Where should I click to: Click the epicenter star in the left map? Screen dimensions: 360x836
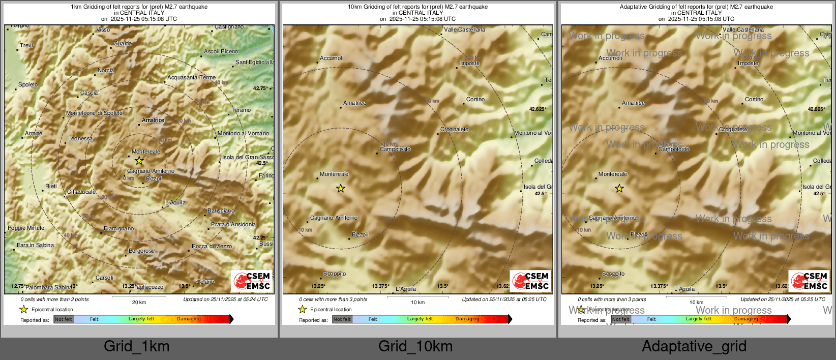[x=139, y=161]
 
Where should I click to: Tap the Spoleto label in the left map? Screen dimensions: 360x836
[x=28, y=85]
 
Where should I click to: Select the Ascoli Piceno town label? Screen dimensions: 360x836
[x=221, y=52]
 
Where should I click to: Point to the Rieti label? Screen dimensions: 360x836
[x=51, y=187]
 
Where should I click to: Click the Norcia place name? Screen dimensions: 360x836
[x=106, y=71]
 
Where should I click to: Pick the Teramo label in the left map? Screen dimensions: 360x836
[x=241, y=110]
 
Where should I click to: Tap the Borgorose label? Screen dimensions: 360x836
[x=141, y=251]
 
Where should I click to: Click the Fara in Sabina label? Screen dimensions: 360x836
[x=35, y=246]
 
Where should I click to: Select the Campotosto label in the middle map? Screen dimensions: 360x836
[x=395, y=149]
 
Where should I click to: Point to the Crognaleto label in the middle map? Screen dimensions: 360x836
[x=454, y=130]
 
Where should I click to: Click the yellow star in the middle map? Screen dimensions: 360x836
[x=341, y=189]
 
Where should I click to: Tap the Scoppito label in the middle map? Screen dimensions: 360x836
[x=335, y=274]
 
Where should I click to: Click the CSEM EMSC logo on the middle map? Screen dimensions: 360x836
[x=530, y=281]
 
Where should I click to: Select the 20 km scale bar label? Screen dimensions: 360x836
[x=139, y=302]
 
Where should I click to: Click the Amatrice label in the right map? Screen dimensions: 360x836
[x=633, y=103]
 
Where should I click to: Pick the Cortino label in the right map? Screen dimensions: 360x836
[x=754, y=100]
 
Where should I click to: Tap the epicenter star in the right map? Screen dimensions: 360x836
[x=619, y=189]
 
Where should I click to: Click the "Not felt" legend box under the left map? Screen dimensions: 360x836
[x=64, y=319]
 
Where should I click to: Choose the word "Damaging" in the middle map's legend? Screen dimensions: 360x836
[x=467, y=319]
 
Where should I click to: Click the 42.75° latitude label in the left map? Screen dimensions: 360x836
[x=260, y=88]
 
